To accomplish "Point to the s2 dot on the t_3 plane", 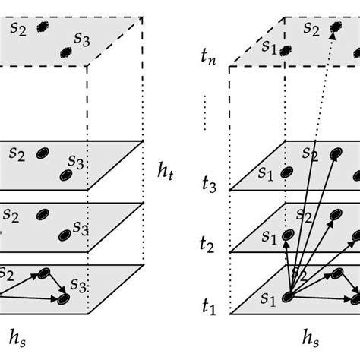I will (x=333, y=154).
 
